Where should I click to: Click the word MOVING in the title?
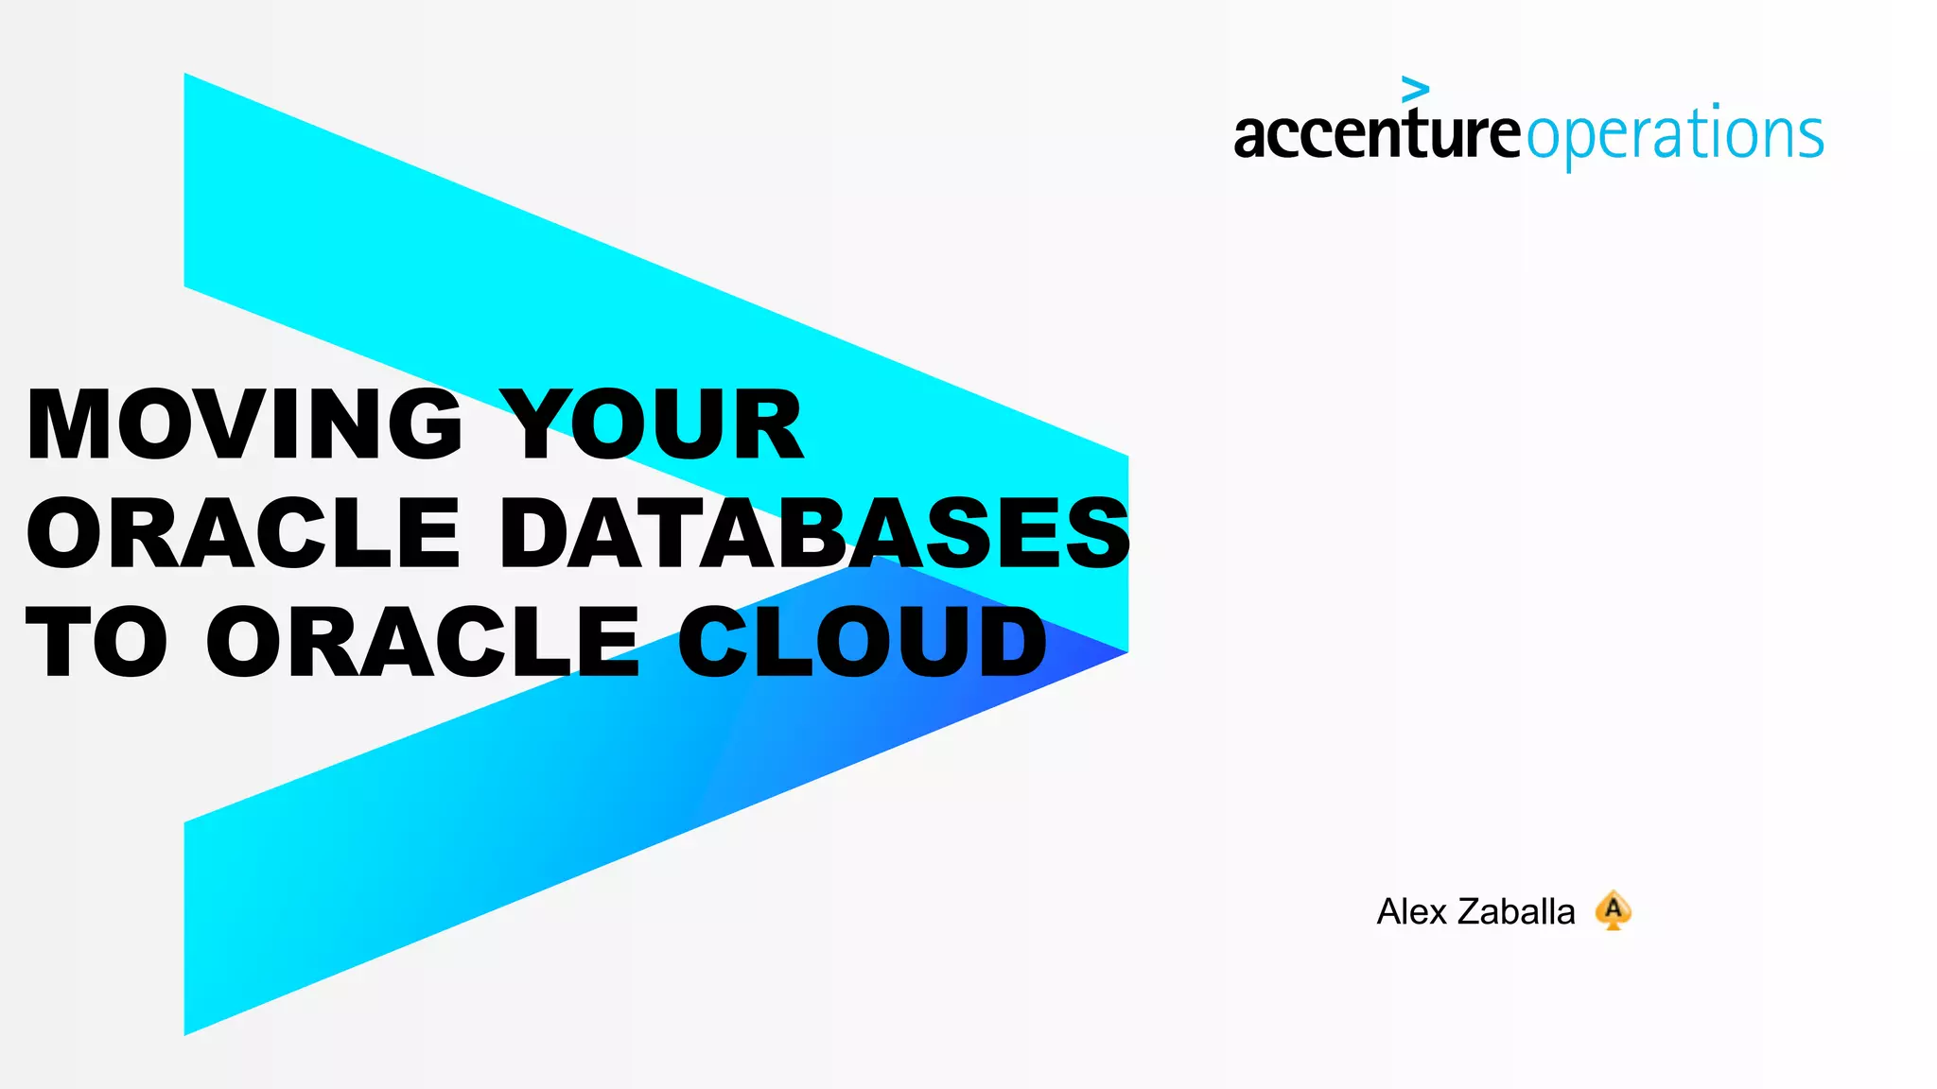[x=244, y=424]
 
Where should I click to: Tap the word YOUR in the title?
[x=652, y=424]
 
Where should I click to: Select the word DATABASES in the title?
[x=814, y=533]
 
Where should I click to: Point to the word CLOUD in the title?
[x=862, y=643]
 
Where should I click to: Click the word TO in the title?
[x=96, y=643]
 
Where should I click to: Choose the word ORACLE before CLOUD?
[x=423, y=643]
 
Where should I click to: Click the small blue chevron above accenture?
[x=1415, y=90]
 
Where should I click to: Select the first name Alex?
[x=1412, y=912]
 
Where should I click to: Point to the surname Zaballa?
[x=1516, y=912]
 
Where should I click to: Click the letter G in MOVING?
[x=423, y=424]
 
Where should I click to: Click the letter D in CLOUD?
[x=1008, y=643]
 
